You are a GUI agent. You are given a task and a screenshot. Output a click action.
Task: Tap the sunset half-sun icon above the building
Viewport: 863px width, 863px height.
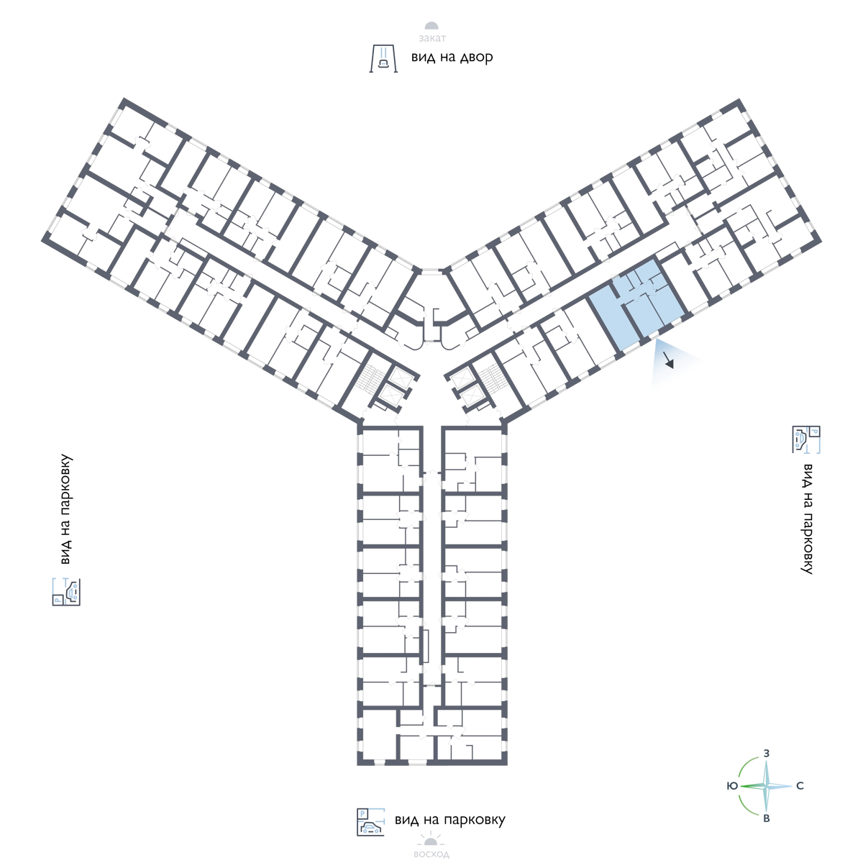(x=431, y=28)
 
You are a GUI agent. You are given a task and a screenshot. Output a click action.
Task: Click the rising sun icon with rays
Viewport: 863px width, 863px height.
(x=431, y=839)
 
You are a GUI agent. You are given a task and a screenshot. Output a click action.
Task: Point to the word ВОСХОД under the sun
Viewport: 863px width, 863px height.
(x=431, y=855)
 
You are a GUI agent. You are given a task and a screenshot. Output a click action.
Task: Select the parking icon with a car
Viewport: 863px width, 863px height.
(x=370, y=822)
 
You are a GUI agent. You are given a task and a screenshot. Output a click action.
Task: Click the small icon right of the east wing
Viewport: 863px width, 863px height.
(x=806, y=439)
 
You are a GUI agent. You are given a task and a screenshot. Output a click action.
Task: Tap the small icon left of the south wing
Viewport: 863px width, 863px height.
(x=66, y=591)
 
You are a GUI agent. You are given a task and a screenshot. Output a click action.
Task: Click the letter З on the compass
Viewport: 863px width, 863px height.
(x=767, y=753)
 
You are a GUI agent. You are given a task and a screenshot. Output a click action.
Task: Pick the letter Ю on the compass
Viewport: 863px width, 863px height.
(x=731, y=786)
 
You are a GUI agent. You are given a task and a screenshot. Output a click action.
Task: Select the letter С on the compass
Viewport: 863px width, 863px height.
(x=800, y=786)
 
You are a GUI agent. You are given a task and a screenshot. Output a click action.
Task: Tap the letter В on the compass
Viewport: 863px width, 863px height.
(x=767, y=819)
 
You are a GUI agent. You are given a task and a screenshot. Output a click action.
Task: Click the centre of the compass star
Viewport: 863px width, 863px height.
(x=767, y=786)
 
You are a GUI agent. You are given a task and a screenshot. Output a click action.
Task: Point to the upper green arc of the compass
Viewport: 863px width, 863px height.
(x=748, y=765)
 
